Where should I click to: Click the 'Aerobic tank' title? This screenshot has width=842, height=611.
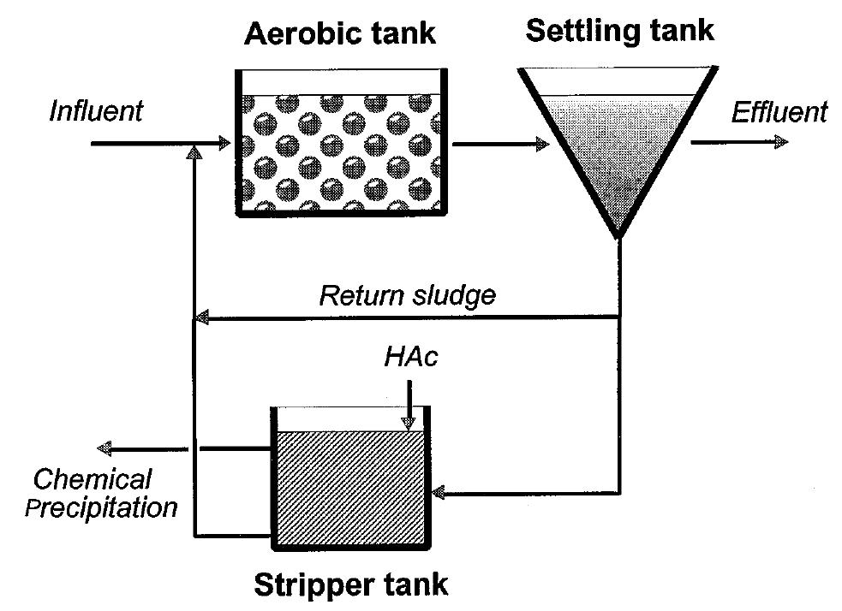pyautogui.click(x=339, y=33)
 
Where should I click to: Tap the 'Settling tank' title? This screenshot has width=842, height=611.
pyautogui.click(x=619, y=31)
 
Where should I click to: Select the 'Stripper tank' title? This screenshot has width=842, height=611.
pyautogui.click(x=350, y=585)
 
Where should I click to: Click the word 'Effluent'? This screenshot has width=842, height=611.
pyautogui.click(x=779, y=112)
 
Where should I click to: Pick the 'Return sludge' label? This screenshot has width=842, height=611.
pyautogui.click(x=407, y=296)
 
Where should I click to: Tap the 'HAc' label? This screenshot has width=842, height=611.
pyautogui.click(x=410, y=357)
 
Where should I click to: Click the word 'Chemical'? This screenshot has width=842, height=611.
pyautogui.click(x=93, y=479)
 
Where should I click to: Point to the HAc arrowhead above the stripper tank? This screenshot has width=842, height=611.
pyautogui.click(x=409, y=422)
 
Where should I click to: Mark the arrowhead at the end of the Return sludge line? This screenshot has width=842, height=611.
pyautogui.click(x=202, y=319)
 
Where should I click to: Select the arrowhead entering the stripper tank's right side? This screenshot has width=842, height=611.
pyautogui.click(x=440, y=494)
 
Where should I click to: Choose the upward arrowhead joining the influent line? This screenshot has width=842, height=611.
pyautogui.click(x=196, y=152)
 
